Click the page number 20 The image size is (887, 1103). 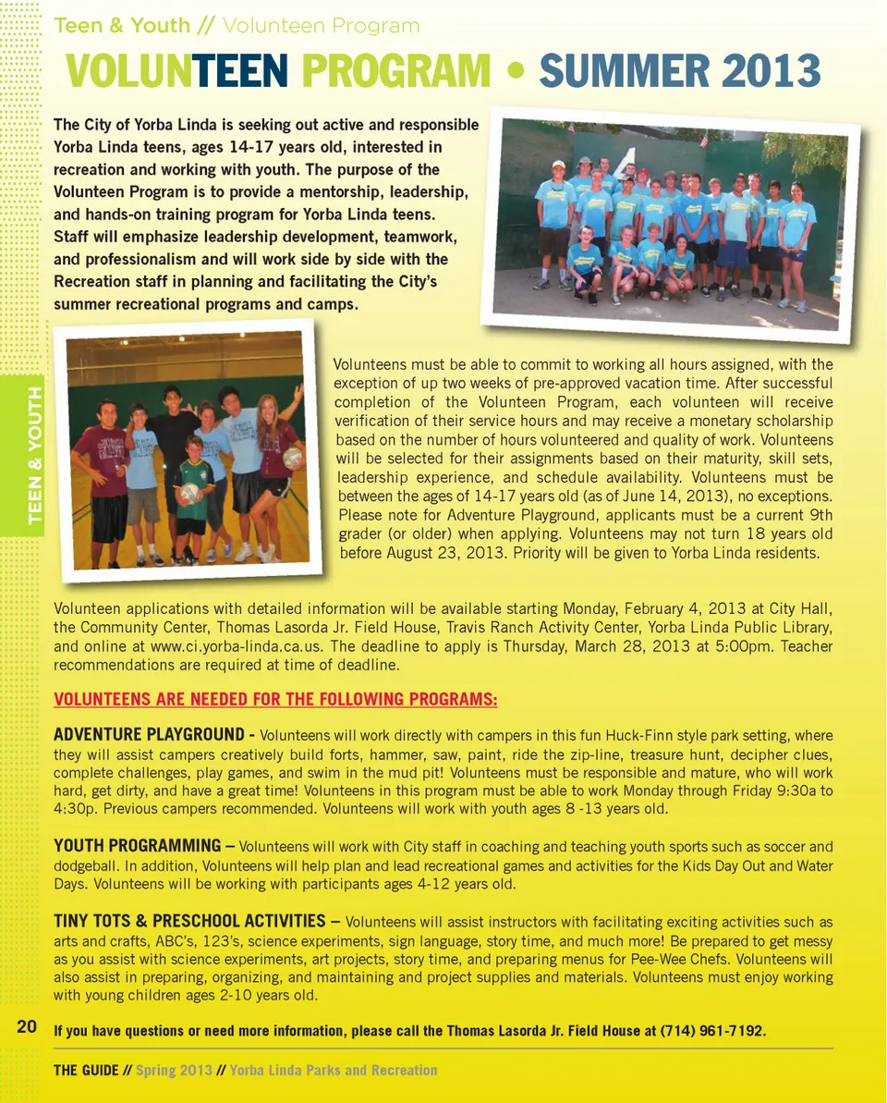pyautogui.click(x=26, y=1026)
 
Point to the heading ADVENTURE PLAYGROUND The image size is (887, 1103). pyautogui.click(x=149, y=735)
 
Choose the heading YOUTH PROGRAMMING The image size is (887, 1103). pyautogui.click(x=137, y=845)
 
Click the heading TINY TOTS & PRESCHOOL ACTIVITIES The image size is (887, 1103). pyautogui.click(x=189, y=921)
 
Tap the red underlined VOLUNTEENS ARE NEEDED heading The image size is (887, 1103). pyautogui.click(x=275, y=699)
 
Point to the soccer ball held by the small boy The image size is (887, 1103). pyautogui.click(x=190, y=492)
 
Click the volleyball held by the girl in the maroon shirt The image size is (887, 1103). pyautogui.click(x=293, y=458)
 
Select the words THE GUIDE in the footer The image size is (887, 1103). pyautogui.click(x=86, y=1070)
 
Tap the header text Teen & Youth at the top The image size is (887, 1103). pyautogui.click(x=122, y=26)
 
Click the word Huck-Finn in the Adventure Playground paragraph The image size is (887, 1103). pyautogui.click(x=638, y=736)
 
